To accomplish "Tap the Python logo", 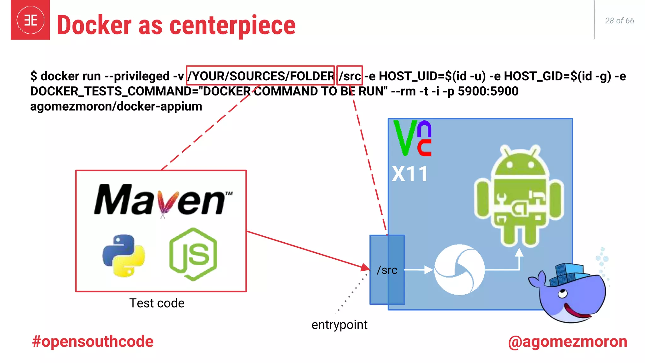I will pyautogui.click(x=123, y=255).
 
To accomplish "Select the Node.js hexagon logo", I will pyautogui.click(x=193, y=254).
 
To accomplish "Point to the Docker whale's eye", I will pyautogui.click(x=562, y=294).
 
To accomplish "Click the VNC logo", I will pyautogui.click(x=412, y=138).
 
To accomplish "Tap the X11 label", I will pyautogui.click(x=410, y=174).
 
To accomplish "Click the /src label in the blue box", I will pyautogui.click(x=387, y=270).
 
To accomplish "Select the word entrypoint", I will pyautogui.click(x=339, y=325).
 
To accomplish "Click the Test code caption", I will pyautogui.click(x=157, y=303).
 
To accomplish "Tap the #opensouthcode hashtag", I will pyautogui.click(x=93, y=342).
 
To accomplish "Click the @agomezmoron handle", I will pyautogui.click(x=568, y=342).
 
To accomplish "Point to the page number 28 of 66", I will pyautogui.click(x=619, y=21).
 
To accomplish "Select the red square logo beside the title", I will pyautogui.click(x=30, y=20).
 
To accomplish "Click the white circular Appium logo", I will pyautogui.click(x=459, y=270).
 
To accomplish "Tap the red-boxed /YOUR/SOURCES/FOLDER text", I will pyautogui.click(x=260, y=76).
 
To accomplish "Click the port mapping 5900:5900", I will pyautogui.click(x=488, y=91).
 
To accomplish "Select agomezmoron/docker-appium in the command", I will pyautogui.click(x=116, y=106).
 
